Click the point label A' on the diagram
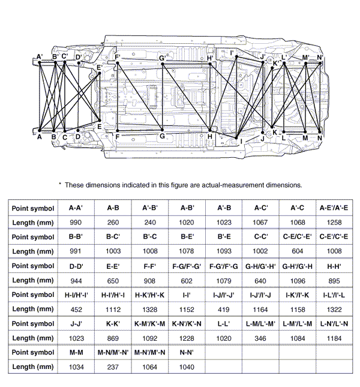pos(40,57)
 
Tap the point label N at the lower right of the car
pos(320,138)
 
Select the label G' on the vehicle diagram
pos(163,58)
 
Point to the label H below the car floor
pos(210,137)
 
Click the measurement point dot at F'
pos(118,63)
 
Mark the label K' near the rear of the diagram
pos(277,61)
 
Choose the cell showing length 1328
pos(148,308)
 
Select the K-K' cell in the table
pos(113,323)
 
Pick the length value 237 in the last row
pos(113,366)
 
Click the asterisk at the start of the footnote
pos(60,185)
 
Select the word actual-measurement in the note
pos(236,185)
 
